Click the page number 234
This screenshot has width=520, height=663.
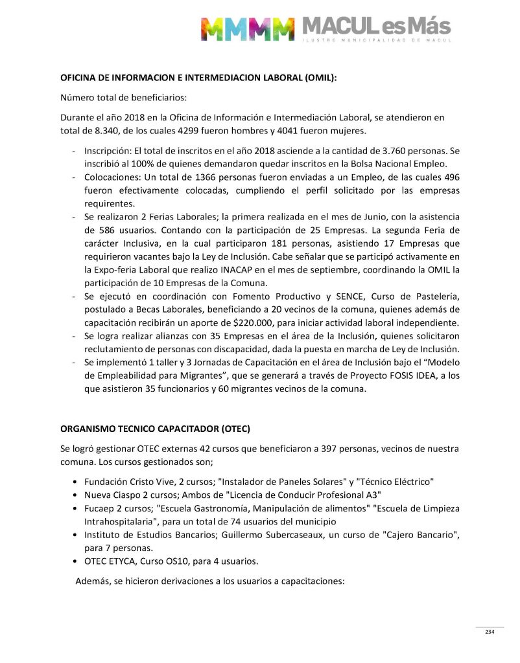click(x=490, y=632)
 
